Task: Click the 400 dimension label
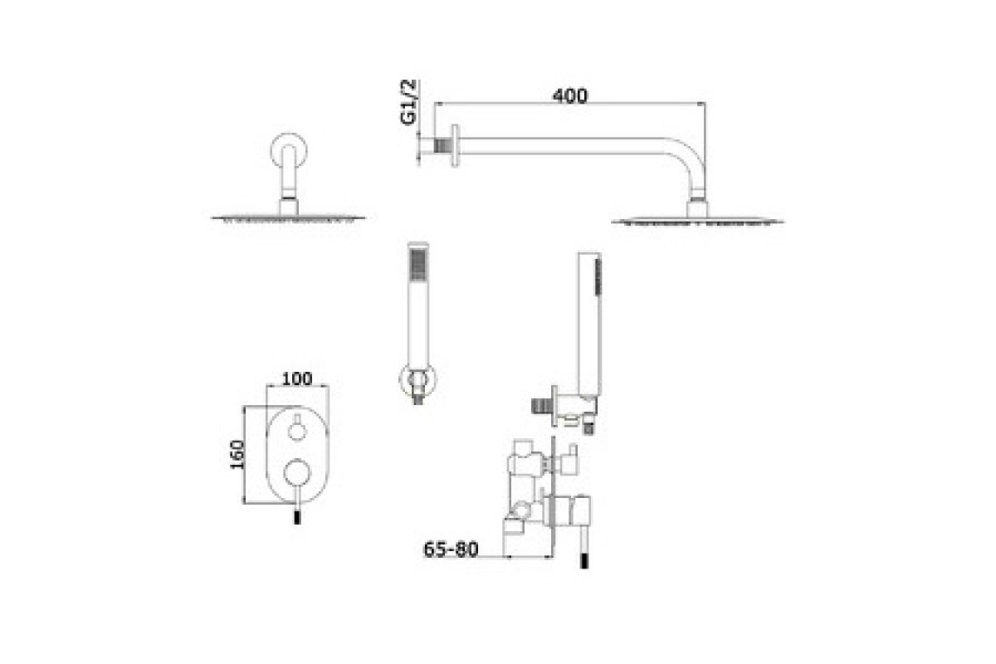click(x=569, y=96)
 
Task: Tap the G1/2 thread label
click(x=408, y=102)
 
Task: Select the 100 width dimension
click(x=297, y=379)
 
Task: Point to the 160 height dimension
click(x=237, y=454)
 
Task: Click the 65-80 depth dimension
click(x=451, y=549)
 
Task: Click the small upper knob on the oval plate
click(x=297, y=431)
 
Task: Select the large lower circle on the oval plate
click(x=297, y=473)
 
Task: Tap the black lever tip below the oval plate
click(x=297, y=517)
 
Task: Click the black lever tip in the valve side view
click(x=584, y=561)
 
